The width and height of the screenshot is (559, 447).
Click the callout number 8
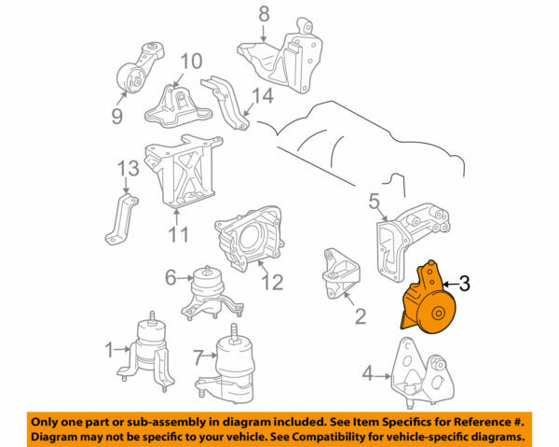pos(263,14)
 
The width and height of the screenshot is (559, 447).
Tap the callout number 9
pos(116,117)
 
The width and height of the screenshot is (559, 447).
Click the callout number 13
pos(127,167)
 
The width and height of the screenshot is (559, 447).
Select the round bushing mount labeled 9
pos(134,79)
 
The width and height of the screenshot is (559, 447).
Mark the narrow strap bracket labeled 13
pos(120,219)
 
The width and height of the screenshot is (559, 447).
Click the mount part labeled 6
pos(208,291)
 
